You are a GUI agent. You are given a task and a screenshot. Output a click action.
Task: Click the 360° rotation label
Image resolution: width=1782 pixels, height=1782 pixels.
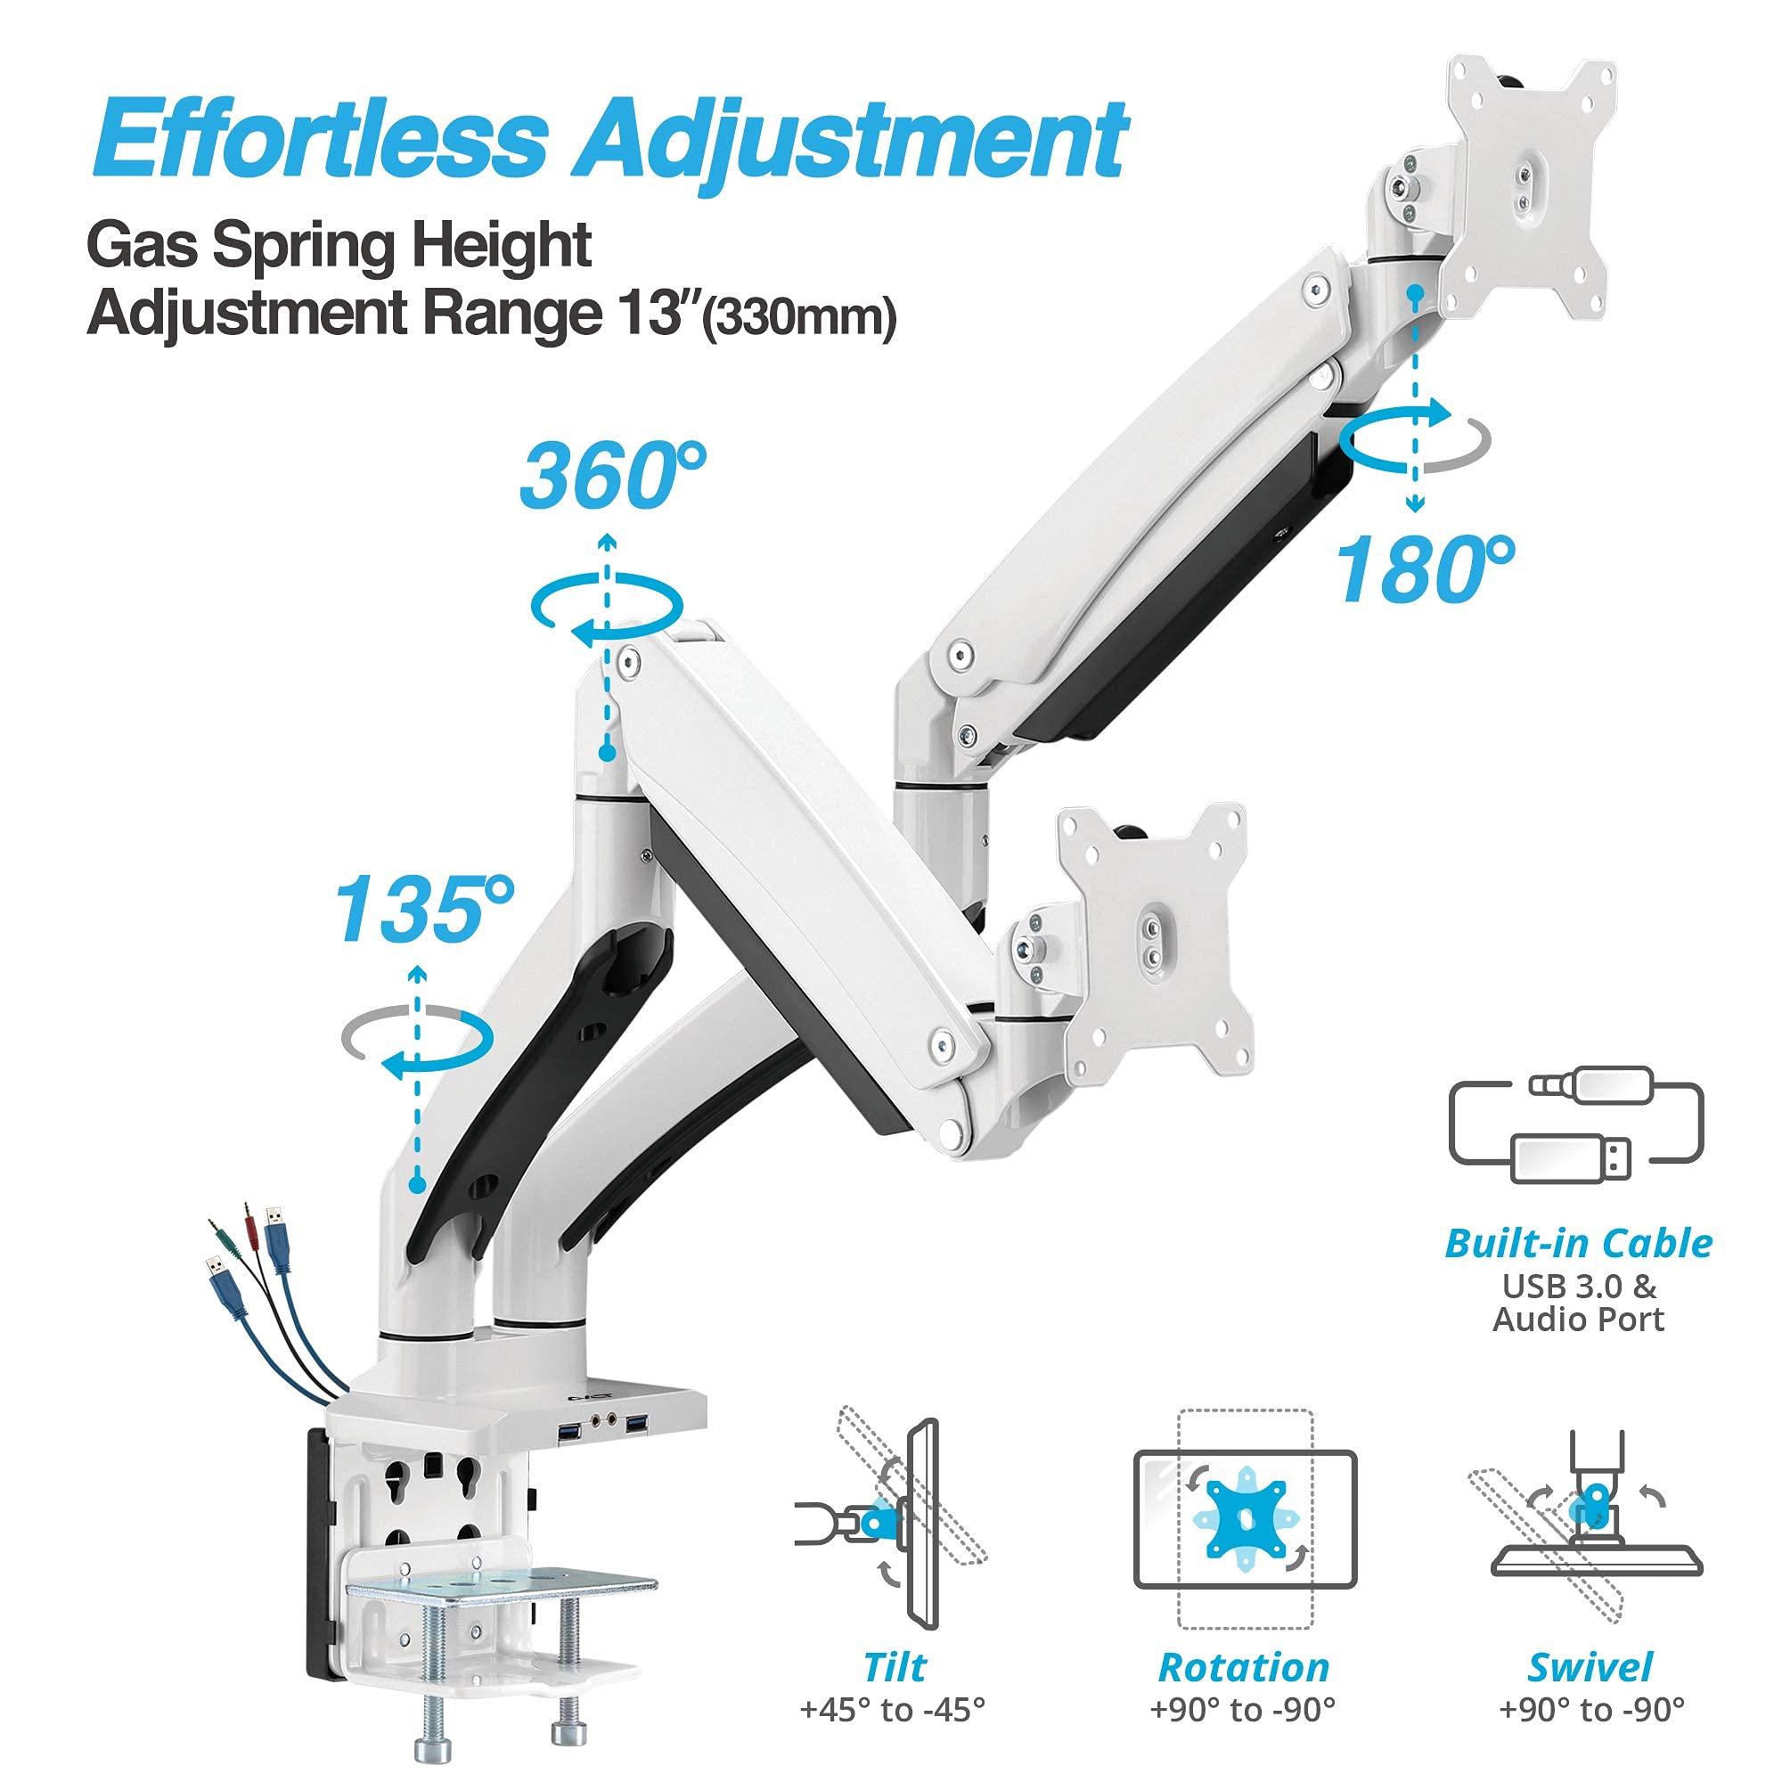[612, 476]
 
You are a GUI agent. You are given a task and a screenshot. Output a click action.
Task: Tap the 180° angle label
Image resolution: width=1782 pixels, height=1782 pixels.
[1425, 571]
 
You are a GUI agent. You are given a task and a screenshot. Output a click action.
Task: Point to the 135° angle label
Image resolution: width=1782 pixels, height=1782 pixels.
[423, 911]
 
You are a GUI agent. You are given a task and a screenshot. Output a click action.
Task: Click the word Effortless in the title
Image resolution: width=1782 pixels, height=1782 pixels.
[320, 139]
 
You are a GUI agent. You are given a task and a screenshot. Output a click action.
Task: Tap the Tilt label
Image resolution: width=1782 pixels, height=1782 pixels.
[895, 1668]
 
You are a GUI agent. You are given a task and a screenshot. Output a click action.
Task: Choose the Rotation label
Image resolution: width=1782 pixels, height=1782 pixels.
[1243, 1668]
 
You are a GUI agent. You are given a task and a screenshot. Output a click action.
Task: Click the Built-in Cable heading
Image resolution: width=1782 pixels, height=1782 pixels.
[1578, 1244]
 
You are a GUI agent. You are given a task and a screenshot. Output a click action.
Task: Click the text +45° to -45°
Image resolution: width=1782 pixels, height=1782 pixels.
[892, 1711]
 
